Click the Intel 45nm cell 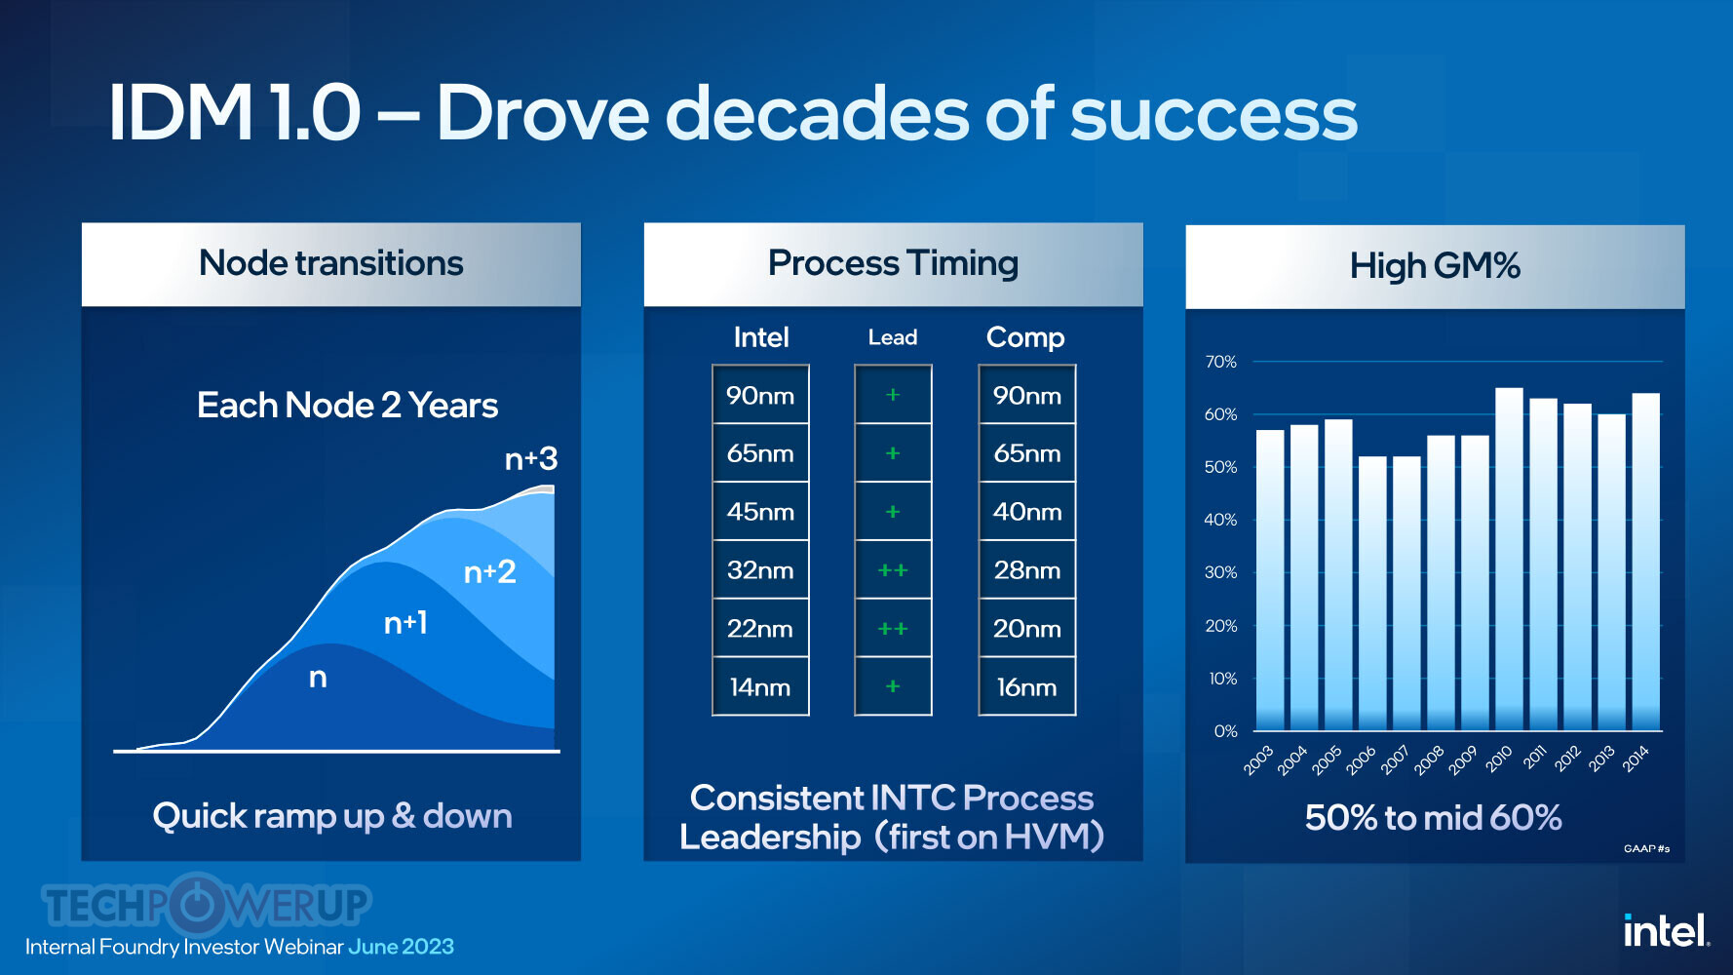pyautogui.click(x=760, y=511)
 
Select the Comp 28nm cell pyautogui.click(x=1027, y=569)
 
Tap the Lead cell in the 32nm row pyautogui.click(x=893, y=569)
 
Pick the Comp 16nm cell pyautogui.click(x=1027, y=686)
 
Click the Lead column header pyautogui.click(x=893, y=337)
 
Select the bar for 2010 pyautogui.click(x=1509, y=559)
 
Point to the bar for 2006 pyautogui.click(x=1372, y=593)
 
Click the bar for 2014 pyautogui.click(x=1645, y=562)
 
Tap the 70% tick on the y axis pyautogui.click(x=1220, y=362)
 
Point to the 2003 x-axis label pyautogui.click(x=1258, y=760)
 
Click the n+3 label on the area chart pyautogui.click(x=531, y=458)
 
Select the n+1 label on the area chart pyautogui.click(x=405, y=622)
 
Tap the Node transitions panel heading pyautogui.click(x=331, y=263)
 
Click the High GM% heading pyautogui.click(x=1435, y=265)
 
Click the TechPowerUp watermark pyautogui.click(x=207, y=904)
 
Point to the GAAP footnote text pyautogui.click(x=1646, y=848)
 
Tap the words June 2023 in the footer pyautogui.click(x=401, y=947)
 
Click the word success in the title pyautogui.click(x=1213, y=114)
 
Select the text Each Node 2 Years pyautogui.click(x=348, y=405)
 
